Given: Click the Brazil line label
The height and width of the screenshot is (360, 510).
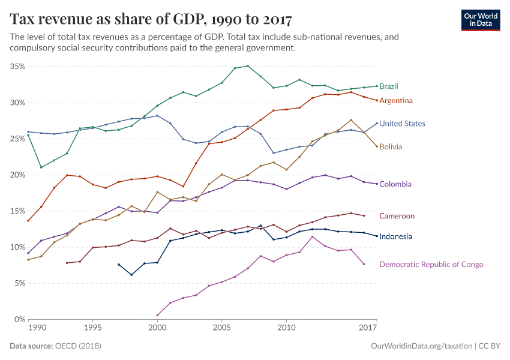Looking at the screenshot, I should coord(389,86).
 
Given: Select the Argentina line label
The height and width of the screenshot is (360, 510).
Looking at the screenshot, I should coord(395,100).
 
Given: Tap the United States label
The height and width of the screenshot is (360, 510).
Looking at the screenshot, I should coord(402,124).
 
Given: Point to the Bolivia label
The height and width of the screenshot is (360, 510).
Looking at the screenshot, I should coord(391,146).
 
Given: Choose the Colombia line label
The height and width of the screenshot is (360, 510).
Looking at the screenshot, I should coord(395,184).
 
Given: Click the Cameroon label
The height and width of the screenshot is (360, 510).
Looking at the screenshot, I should coord(397,216).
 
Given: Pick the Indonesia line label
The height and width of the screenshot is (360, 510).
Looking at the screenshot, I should coord(395,236).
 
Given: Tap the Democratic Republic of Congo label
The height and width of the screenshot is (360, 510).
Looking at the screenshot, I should coord(431,264).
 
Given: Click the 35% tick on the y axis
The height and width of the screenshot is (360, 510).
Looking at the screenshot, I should coord(17,67).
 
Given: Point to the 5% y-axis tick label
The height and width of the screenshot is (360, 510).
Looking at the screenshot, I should coord(19,283).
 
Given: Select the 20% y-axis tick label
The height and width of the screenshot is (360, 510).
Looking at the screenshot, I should coord(17,175).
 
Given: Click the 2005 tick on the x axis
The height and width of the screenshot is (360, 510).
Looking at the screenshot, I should coord(222,328).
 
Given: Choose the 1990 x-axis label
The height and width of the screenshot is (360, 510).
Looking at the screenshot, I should coord(37,328).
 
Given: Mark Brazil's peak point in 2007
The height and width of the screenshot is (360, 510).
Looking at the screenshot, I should coord(248,66).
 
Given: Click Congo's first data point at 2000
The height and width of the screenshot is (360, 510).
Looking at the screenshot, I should coord(158,315).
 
